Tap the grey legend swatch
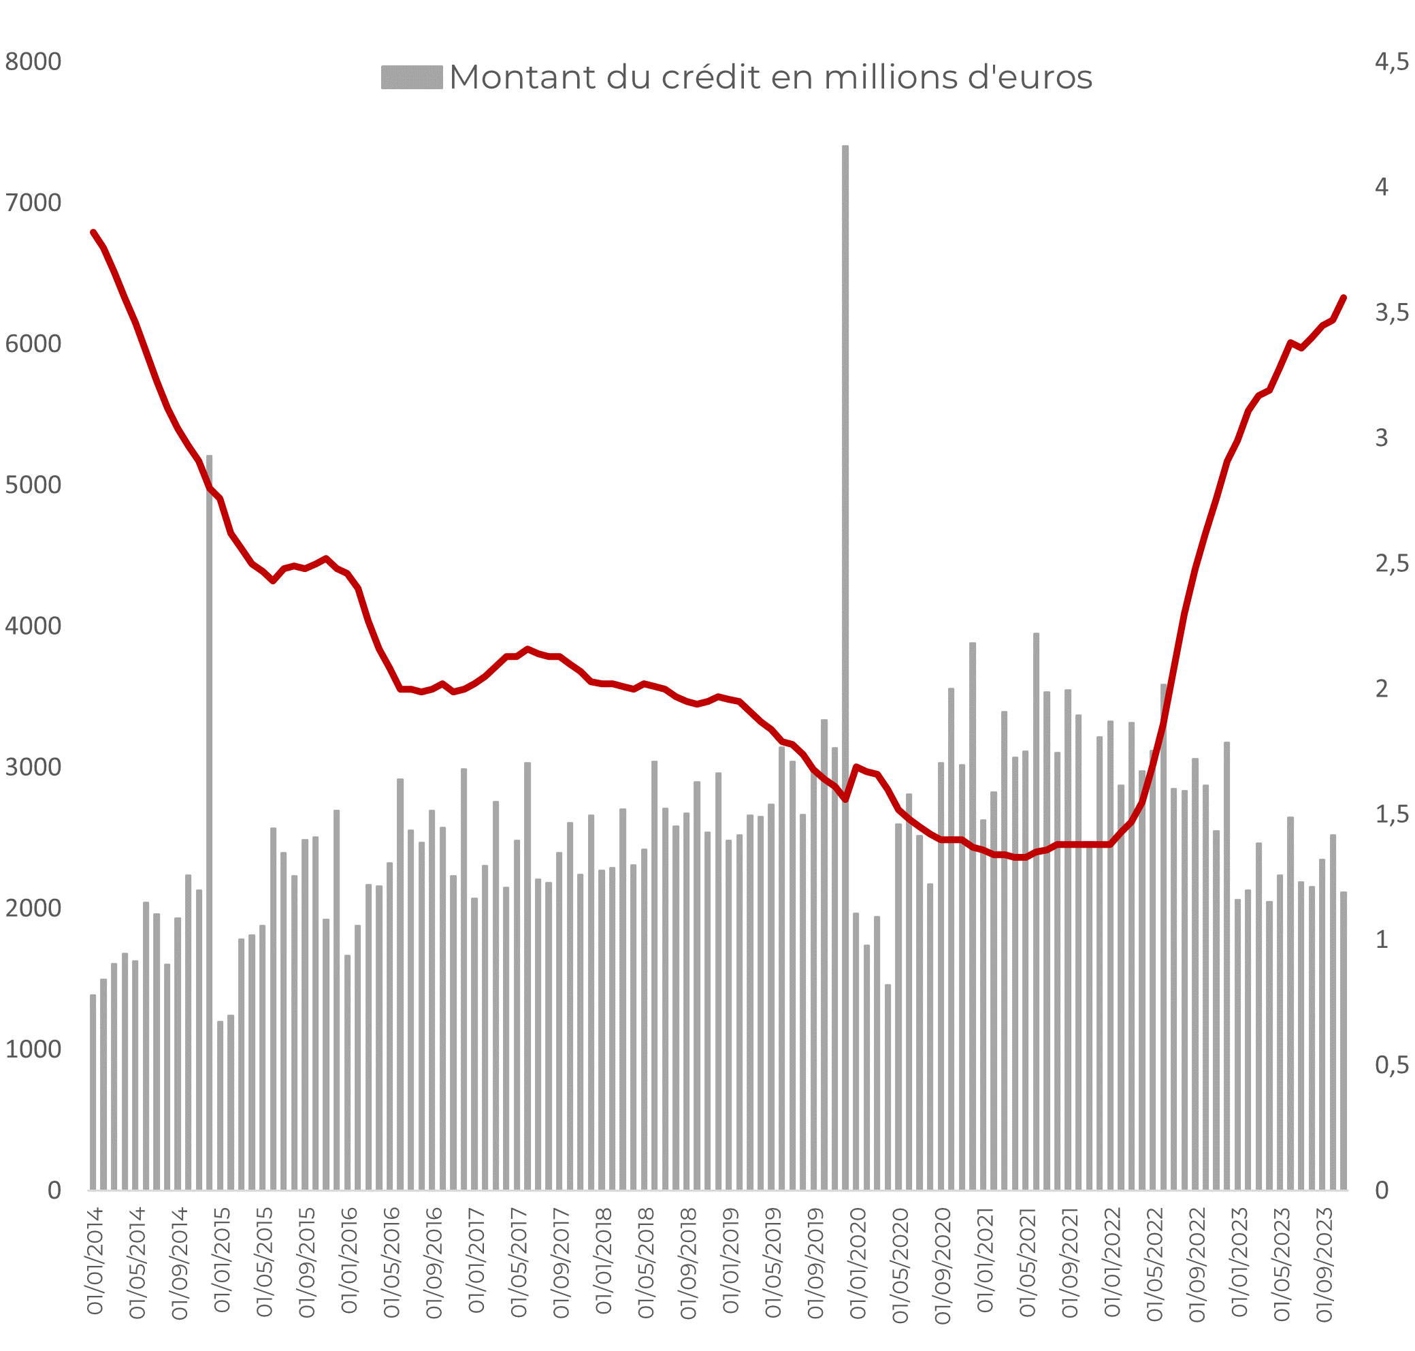click(411, 77)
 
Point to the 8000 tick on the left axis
click(33, 62)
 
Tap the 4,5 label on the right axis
click(1391, 62)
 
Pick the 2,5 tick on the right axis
click(1391, 563)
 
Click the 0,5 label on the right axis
click(1391, 1065)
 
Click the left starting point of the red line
click(93, 232)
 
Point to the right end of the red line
click(1344, 297)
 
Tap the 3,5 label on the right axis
click(1391, 313)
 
